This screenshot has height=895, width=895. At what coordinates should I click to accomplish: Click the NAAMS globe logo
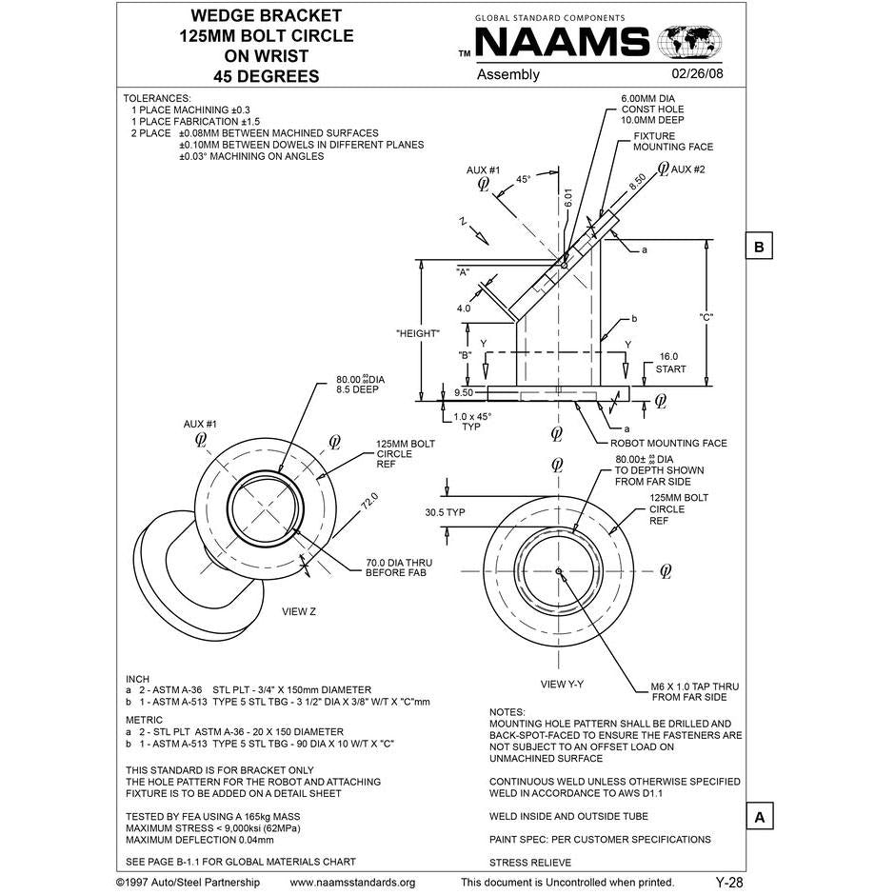pos(689,43)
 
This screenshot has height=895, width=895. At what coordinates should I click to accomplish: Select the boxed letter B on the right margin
pos(759,246)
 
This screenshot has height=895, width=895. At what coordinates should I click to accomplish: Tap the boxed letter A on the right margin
pos(759,817)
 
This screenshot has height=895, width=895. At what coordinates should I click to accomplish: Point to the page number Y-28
pos(728,883)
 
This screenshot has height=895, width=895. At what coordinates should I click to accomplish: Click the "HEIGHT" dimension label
pos(417,333)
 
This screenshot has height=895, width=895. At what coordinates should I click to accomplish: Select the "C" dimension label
pos(706,316)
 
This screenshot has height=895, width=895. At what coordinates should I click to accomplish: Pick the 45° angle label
pos(523,179)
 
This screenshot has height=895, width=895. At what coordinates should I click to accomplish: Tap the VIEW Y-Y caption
pos(562,684)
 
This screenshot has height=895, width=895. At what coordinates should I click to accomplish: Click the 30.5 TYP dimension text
pos(445,512)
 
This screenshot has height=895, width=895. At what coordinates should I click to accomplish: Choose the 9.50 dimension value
pos(465,392)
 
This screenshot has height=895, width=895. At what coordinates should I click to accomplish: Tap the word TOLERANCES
pos(157,98)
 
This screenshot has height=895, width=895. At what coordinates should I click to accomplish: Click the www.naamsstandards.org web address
pos(351,883)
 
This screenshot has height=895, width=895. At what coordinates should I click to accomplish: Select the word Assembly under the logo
pos(508,74)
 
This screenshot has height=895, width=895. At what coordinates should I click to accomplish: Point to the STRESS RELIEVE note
pos(530,863)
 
